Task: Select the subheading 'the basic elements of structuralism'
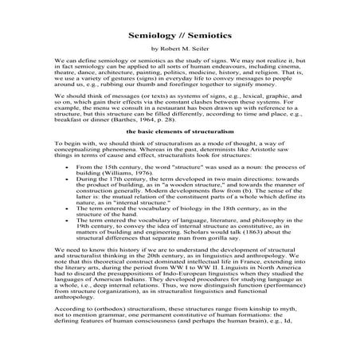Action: tap(179, 130)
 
